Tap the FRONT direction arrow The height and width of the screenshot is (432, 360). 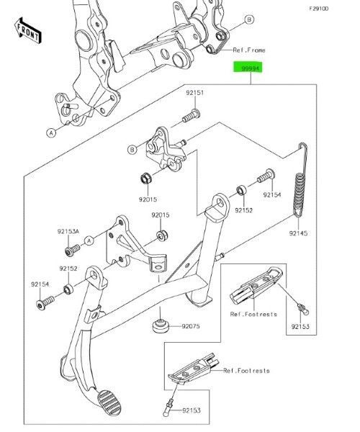[x=27, y=30]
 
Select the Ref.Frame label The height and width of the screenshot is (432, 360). [x=249, y=50]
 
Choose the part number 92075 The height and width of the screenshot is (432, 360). [x=190, y=326]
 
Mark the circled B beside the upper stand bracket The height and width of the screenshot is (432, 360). [x=132, y=150]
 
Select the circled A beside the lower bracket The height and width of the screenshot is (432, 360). [x=90, y=240]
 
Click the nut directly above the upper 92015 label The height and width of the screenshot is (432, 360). [x=143, y=177]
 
